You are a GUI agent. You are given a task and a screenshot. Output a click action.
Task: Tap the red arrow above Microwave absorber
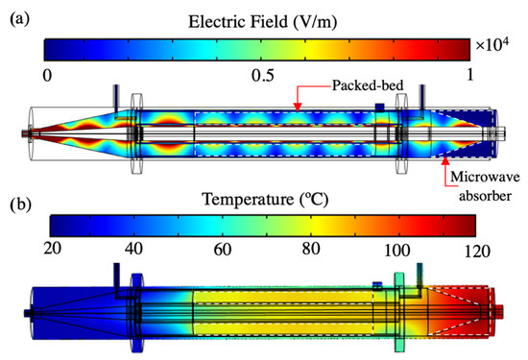(444, 159)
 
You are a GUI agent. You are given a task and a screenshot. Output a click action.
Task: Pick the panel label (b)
(16, 204)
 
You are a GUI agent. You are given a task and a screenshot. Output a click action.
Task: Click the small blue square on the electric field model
(380, 106)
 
